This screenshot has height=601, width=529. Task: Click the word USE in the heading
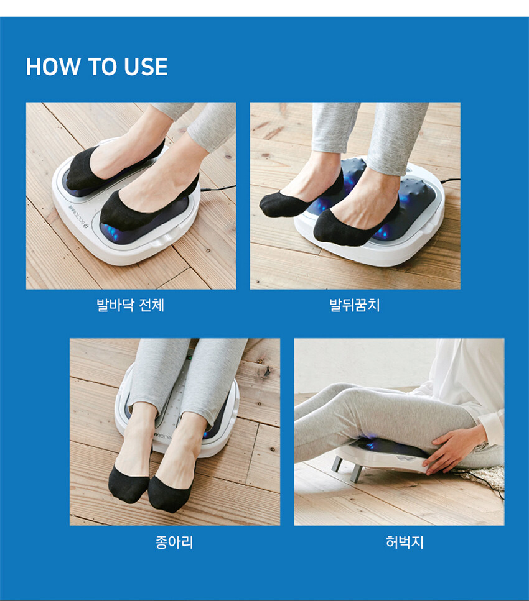tap(146, 67)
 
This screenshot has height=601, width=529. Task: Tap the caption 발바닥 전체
tap(131, 305)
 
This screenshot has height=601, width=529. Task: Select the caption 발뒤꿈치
tap(355, 305)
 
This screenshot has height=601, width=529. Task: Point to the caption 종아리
tap(174, 542)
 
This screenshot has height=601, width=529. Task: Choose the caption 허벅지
tap(405, 542)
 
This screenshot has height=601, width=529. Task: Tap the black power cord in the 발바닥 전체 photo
tap(217, 188)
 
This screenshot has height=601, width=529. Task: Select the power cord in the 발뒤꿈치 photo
tap(450, 180)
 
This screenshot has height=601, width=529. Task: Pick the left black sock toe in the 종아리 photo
tap(128, 484)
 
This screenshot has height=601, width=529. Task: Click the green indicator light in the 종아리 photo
tap(189, 359)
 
